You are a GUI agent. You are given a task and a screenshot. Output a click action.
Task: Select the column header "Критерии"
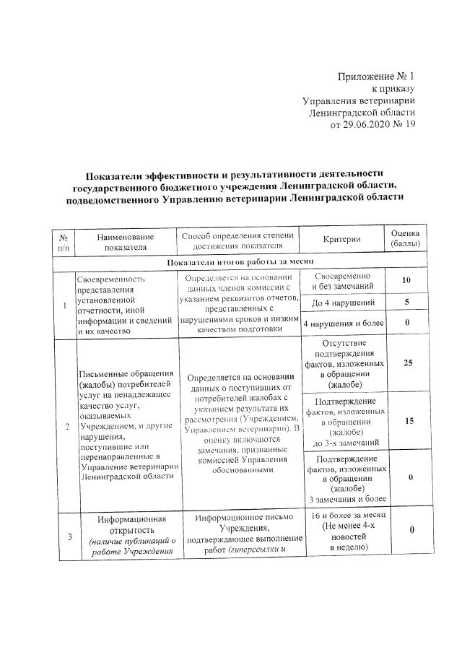[343, 240]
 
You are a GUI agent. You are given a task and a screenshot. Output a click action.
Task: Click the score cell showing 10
[406, 280]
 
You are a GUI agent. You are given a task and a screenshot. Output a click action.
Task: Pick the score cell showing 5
[406, 302]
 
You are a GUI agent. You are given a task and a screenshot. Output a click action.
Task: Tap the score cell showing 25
[408, 362]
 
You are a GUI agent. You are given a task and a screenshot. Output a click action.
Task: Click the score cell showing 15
[408, 420]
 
